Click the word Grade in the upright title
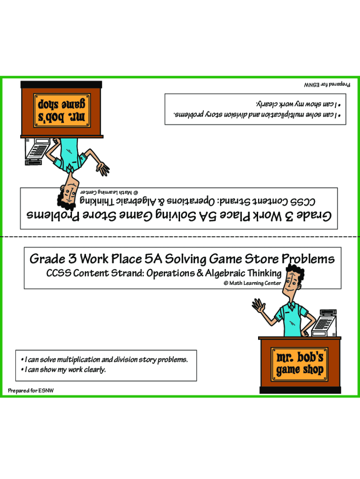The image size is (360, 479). tap(46, 259)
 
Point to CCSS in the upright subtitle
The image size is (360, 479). tap(58, 273)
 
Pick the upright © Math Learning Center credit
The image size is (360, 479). tap(252, 283)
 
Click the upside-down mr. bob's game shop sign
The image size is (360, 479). tap(61, 110)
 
